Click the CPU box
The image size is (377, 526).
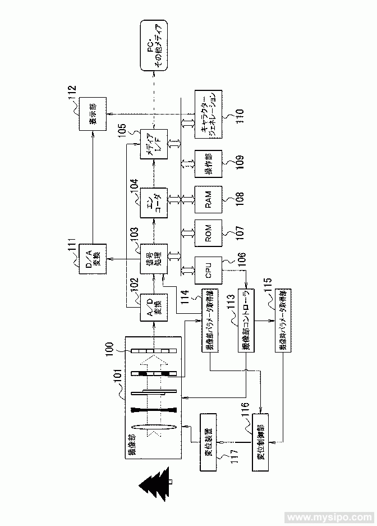[208, 273]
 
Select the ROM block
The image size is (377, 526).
[208, 236]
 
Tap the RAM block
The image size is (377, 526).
[208, 199]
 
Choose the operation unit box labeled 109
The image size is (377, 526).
[208, 163]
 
